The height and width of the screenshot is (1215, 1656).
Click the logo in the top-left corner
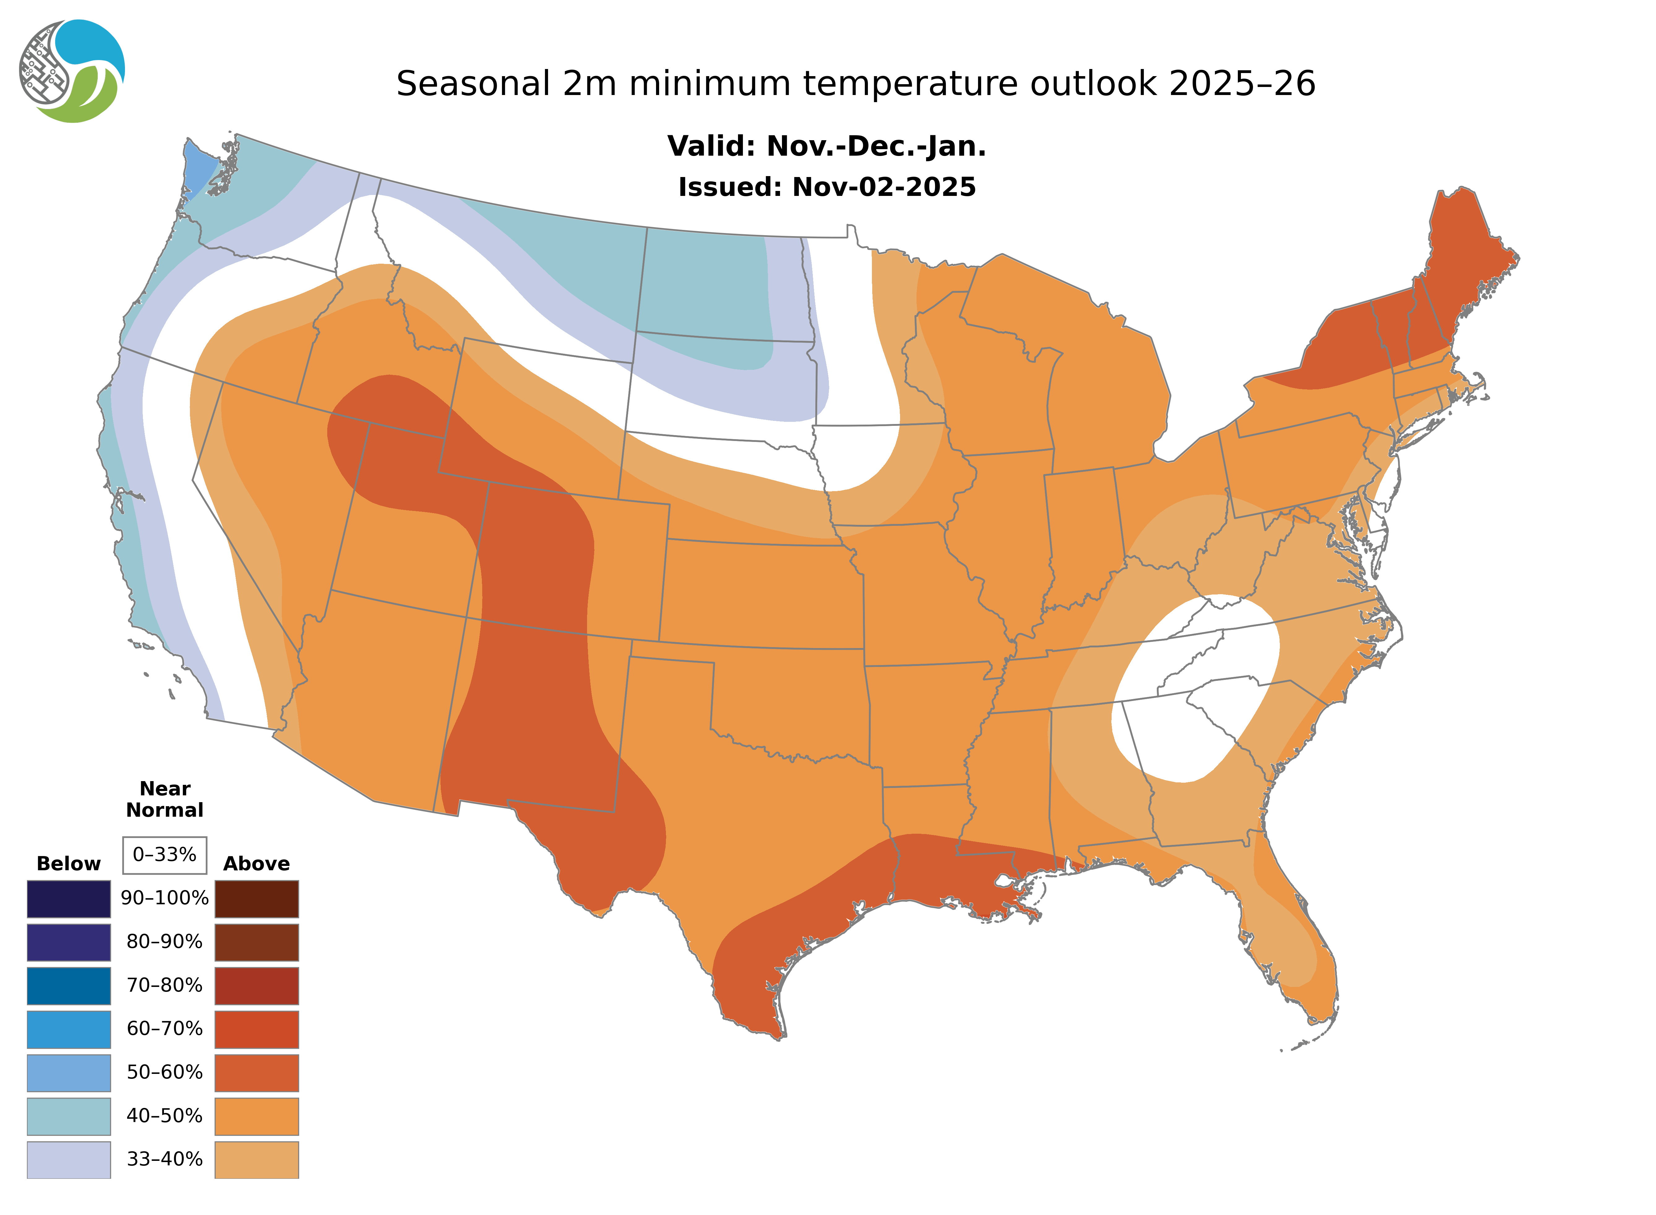click(72, 71)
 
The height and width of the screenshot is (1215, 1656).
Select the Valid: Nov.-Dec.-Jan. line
click(827, 146)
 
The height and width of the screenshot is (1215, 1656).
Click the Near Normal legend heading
click(165, 799)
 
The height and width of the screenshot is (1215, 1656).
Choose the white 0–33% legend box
click(165, 855)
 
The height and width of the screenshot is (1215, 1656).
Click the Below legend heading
click(68, 863)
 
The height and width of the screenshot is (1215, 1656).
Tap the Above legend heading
click(256, 863)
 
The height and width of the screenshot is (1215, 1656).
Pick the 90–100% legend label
click(165, 898)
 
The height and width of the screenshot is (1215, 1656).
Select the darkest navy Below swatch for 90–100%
click(68, 899)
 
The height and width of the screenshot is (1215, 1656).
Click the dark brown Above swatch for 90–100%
click(256, 899)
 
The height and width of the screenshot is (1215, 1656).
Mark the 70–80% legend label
click(165, 985)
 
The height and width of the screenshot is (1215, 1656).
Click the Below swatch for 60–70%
click(68, 1029)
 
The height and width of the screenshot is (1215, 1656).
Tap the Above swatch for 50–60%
click(256, 1072)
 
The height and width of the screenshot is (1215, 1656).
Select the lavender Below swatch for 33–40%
click(68, 1159)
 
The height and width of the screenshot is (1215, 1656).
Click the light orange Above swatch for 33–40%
click(256, 1159)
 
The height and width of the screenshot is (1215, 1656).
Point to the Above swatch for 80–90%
click(256, 942)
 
